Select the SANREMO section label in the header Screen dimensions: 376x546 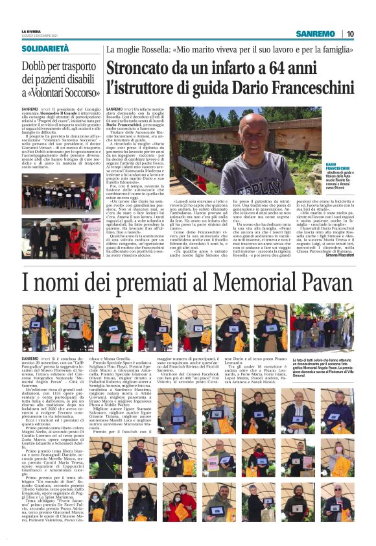315,34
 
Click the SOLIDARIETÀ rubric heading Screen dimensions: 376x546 45,49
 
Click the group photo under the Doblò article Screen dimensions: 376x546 60,198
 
